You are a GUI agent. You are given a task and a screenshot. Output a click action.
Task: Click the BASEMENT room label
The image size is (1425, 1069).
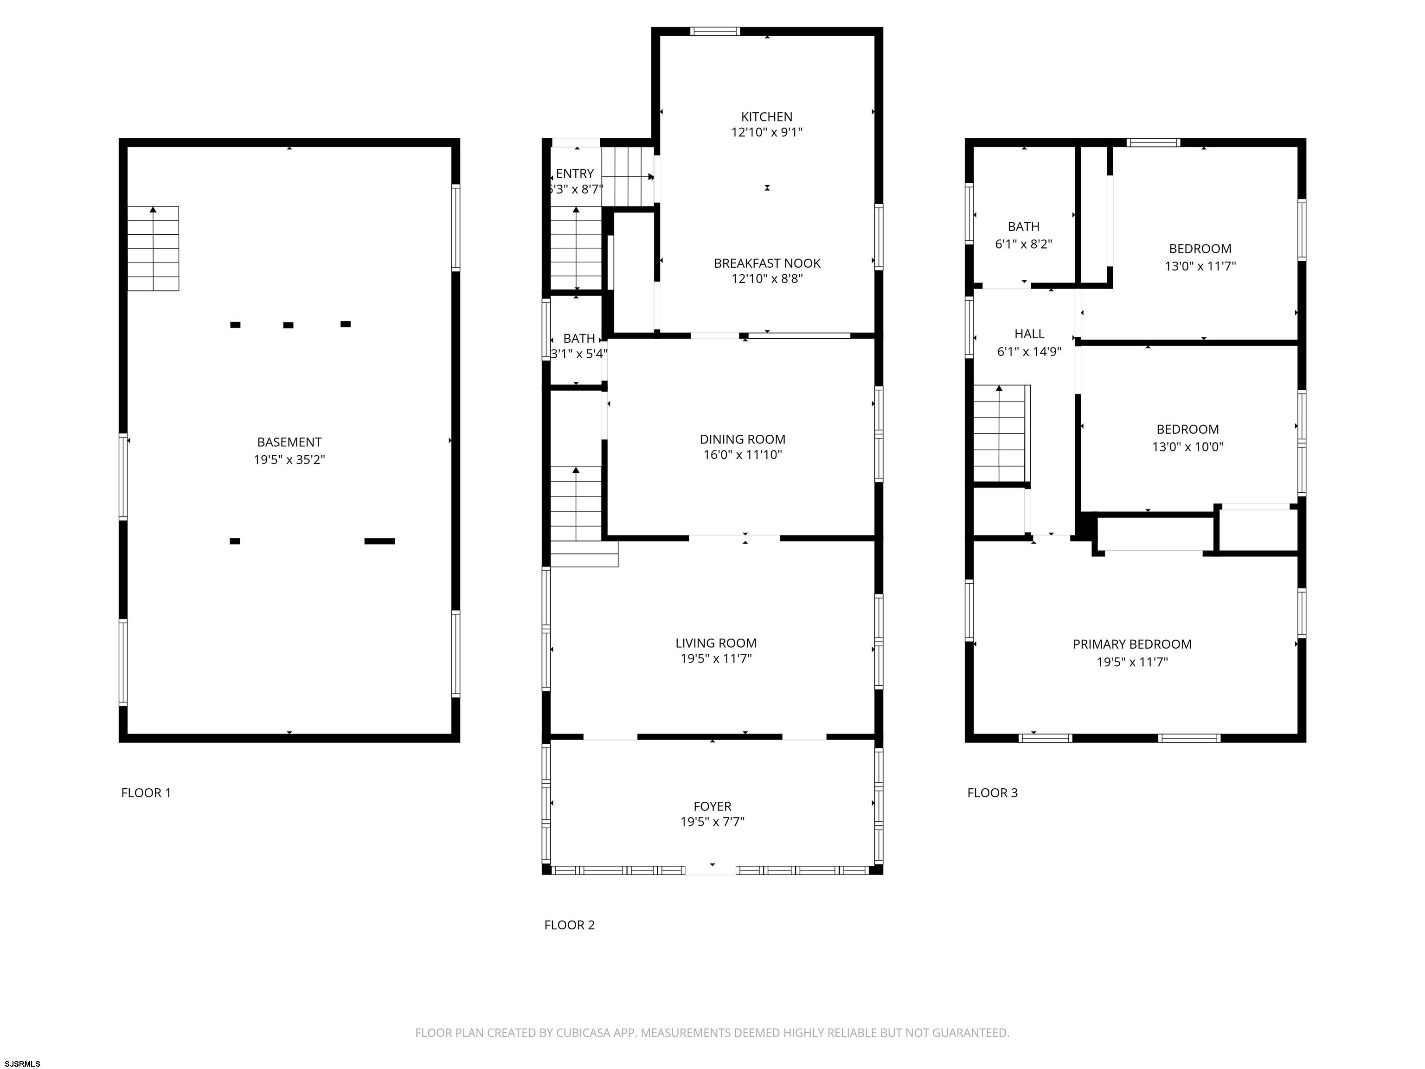coord(289,442)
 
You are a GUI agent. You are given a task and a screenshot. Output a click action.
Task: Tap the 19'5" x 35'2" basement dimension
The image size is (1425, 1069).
coord(289,459)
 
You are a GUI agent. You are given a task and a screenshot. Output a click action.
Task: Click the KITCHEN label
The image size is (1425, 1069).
coord(767,116)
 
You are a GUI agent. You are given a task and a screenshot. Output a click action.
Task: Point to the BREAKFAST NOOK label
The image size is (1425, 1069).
coord(767,263)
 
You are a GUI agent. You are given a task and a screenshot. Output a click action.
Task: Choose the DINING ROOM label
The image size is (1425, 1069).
coord(743,439)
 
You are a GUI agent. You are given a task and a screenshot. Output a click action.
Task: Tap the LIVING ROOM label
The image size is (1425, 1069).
coord(716,643)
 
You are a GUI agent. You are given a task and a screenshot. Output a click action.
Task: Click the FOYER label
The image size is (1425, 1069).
coord(712,806)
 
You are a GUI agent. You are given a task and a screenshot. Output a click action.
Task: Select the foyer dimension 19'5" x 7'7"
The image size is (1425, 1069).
coord(712,822)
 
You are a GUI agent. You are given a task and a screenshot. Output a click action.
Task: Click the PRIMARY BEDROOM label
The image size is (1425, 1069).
coord(1132,644)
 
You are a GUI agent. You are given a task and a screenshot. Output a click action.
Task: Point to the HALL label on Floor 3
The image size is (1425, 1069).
coord(1029,334)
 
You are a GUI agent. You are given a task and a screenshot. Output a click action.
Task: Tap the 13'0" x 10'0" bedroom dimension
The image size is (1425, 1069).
coord(1187,446)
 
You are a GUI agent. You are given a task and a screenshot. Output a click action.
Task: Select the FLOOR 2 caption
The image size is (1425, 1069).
coord(570,925)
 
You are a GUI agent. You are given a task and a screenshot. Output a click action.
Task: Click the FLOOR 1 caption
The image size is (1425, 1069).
coord(146,792)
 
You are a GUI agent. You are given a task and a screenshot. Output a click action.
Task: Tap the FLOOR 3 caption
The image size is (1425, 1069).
coord(993,792)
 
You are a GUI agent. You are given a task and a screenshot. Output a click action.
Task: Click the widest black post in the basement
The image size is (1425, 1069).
coord(379,541)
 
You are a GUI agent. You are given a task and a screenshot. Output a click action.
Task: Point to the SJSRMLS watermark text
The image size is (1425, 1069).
coord(22,1063)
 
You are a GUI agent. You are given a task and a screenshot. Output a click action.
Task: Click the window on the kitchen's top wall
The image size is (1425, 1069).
coord(715,31)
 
